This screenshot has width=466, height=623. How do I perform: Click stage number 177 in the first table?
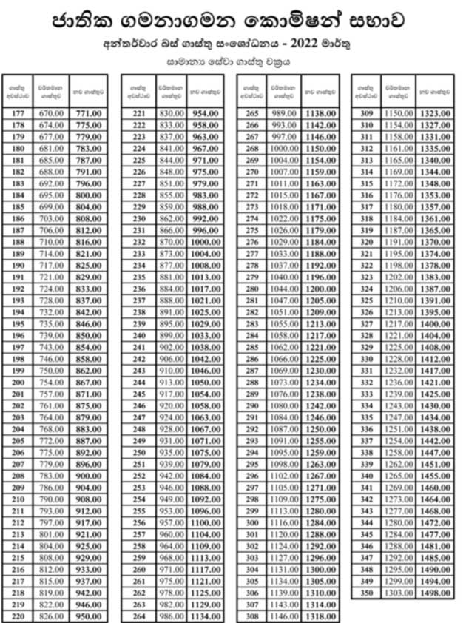coord(18,113)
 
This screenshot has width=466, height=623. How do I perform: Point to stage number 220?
coord(18,616)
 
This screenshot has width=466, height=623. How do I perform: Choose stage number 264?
coord(138,616)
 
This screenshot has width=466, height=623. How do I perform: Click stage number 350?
coord(365,593)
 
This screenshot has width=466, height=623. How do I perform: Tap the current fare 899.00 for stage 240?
coord(170,335)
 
